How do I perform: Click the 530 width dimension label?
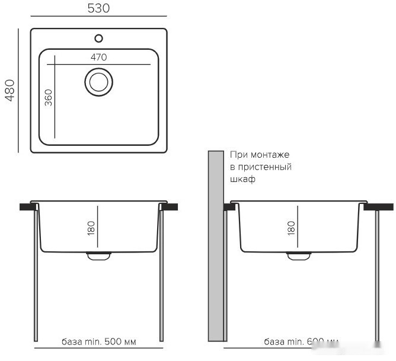coord(99,8)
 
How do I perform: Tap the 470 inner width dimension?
coord(98,57)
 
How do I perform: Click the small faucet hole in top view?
coord(99,39)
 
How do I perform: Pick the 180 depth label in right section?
coord(290,228)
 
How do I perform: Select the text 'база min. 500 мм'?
coord(99,342)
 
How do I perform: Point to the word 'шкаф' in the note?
coord(242,179)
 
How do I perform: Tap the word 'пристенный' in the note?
coord(264,167)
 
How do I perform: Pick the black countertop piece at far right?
coord(379,207)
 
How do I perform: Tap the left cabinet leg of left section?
coord(37,273)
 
